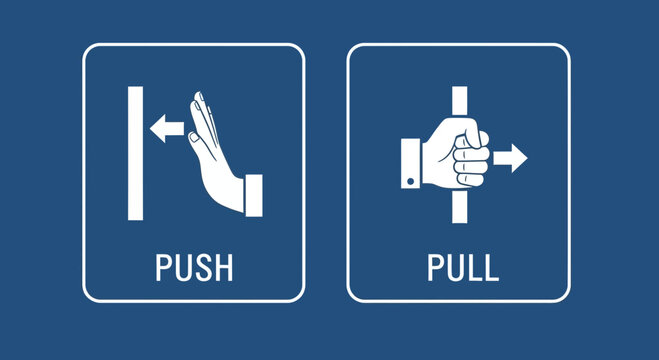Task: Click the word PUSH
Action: click(x=194, y=268)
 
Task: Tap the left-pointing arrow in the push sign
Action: click(x=165, y=128)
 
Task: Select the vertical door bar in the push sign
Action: click(x=134, y=153)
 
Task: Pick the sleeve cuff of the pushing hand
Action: click(x=254, y=194)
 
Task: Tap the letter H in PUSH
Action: click(x=224, y=268)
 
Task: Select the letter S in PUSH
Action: click(x=203, y=268)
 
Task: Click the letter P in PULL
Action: click(x=434, y=268)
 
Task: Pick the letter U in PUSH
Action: click(x=183, y=268)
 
